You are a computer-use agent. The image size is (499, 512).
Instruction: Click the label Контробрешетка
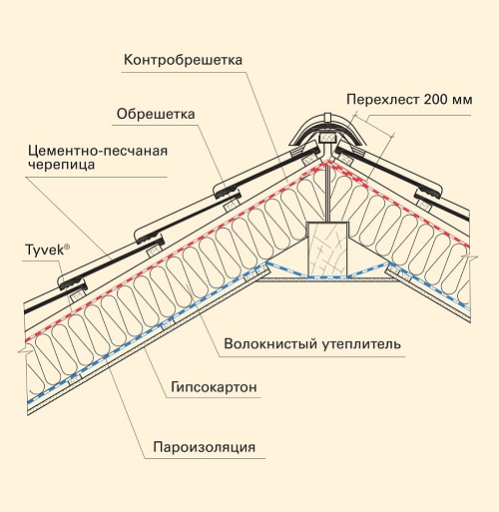[x=183, y=60]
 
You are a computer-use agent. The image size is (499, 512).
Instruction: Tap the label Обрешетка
[x=156, y=114]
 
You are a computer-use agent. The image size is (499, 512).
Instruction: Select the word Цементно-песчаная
[x=98, y=151]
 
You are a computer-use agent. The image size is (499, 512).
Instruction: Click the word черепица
[x=62, y=165]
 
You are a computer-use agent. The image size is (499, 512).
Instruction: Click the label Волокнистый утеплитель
[x=312, y=343]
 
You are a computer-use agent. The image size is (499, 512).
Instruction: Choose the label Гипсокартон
[x=214, y=387]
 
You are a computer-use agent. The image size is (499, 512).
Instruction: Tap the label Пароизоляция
[x=205, y=447]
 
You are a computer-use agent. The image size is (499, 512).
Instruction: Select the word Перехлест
[x=383, y=100]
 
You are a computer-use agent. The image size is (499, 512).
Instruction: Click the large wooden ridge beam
[x=328, y=249]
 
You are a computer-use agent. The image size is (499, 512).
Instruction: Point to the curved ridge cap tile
[x=327, y=130]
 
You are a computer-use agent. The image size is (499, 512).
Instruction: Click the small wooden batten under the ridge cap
[x=328, y=137]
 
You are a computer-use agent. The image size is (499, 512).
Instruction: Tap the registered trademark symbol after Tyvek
[x=67, y=247]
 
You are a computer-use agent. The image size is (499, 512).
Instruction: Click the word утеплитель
[x=361, y=344]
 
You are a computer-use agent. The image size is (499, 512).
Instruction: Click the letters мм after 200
[x=462, y=101]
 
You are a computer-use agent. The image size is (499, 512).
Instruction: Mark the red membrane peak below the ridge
[x=328, y=163]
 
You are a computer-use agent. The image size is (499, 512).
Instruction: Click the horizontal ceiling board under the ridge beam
[x=328, y=280]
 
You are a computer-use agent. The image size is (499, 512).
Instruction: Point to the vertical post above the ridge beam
[x=328, y=193]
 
